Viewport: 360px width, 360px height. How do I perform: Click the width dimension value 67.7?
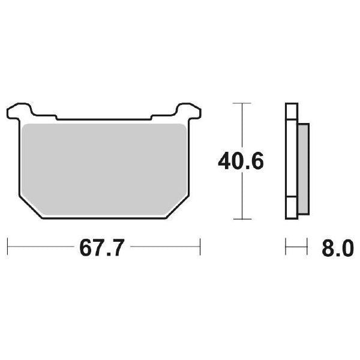tap(101, 248)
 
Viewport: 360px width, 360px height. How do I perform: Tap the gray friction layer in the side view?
tap(303, 168)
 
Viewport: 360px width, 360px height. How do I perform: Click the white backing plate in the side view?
tap(291, 162)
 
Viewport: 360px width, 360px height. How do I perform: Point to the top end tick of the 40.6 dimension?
tap(241, 104)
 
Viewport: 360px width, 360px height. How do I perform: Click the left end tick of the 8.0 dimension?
tap(286, 246)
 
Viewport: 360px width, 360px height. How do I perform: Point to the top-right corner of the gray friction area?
tap(182, 126)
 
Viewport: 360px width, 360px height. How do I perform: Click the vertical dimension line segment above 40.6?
tap(241, 126)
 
